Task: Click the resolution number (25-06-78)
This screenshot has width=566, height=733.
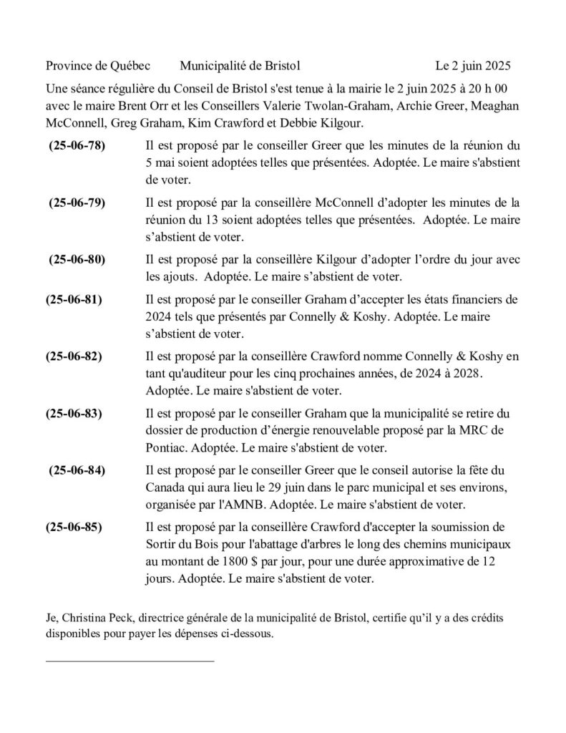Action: click(x=77, y=146)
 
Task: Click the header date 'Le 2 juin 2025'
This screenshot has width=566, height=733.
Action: click(x=473, y=67)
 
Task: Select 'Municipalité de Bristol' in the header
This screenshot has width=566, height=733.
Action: click(x=240, y=67)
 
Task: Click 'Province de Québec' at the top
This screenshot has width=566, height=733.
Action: click(x=97, y=67)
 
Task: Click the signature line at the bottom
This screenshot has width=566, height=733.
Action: click(x=130, y=660)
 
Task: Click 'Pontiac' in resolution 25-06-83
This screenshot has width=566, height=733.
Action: click(x=165, y=448)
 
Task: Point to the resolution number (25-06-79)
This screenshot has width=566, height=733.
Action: click(x=77, y=203)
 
